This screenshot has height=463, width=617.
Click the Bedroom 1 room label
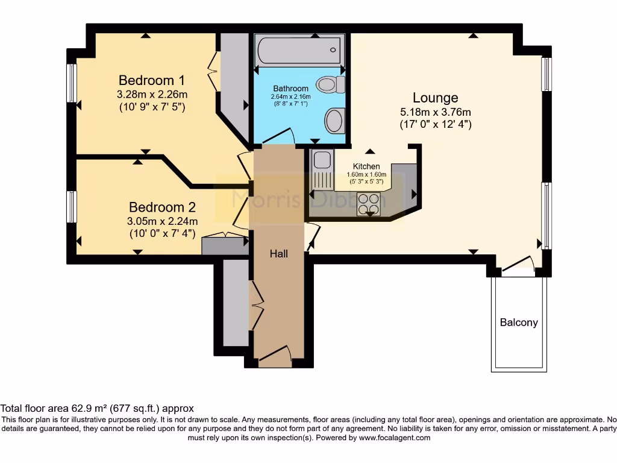(x=151, y=80)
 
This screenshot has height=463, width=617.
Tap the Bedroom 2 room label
(x=162, y=207)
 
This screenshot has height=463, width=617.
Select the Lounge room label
(x=435, y=98)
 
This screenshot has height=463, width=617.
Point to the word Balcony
(x=519, y=323)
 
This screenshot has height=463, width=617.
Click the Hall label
(x=278, y=254)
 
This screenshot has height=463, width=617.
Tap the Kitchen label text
(x=366, y=166)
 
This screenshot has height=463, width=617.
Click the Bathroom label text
(x=291, y=89)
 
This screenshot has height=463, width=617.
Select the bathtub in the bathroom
(x=299, y=51)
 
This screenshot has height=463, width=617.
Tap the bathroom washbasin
(x=335, y=120)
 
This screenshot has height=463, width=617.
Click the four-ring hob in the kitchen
(x=369, y=204)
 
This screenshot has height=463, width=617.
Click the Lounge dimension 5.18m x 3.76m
(x=435, y=112)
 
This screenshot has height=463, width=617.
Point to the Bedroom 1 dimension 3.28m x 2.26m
(x=152, y=95)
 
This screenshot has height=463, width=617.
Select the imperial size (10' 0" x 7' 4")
(x=163, y=233)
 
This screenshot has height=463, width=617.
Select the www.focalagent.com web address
(x=394, y=438)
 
